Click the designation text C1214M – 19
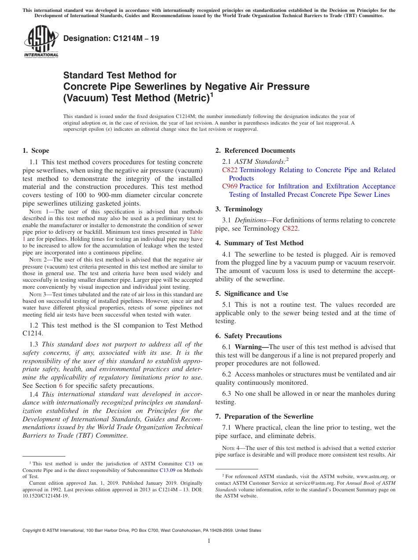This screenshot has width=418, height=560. click(x=111, y=38)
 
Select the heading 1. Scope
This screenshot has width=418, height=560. click(x=36, y=151)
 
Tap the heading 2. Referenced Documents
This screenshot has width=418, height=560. click(x=255, y=151)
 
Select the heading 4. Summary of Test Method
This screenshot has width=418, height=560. click(x=259, y=243)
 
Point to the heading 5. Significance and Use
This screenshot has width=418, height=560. click(x=252, y=294)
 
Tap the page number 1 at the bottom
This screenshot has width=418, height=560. click(x=209, y=541)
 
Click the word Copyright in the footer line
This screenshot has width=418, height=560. click(x=33, y=531)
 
